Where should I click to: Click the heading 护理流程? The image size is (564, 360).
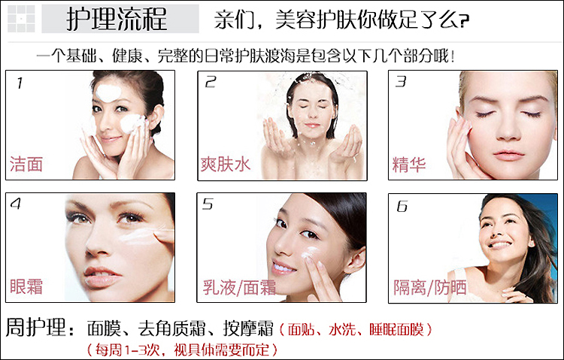117,19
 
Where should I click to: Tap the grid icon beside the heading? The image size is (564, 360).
21,19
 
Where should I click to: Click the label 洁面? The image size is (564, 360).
26,164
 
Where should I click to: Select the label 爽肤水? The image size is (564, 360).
225,165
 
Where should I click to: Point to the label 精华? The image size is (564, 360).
409,165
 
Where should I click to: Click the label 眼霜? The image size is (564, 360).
26,286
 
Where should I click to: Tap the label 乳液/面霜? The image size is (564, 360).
239,287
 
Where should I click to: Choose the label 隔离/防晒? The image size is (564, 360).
430,288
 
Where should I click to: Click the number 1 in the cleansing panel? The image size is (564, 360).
20,83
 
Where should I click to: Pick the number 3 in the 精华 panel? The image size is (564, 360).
401,81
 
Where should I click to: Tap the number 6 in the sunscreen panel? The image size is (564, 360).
402,206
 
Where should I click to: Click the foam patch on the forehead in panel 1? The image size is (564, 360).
108,92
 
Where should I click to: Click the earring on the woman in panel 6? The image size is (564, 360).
531,244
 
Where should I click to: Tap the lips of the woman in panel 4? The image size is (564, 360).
102,277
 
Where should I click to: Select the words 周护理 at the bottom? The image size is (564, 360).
36,327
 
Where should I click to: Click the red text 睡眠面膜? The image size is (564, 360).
397,329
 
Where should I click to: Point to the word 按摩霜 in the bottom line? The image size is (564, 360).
248,328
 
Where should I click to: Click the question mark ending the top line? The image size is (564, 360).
464,21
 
